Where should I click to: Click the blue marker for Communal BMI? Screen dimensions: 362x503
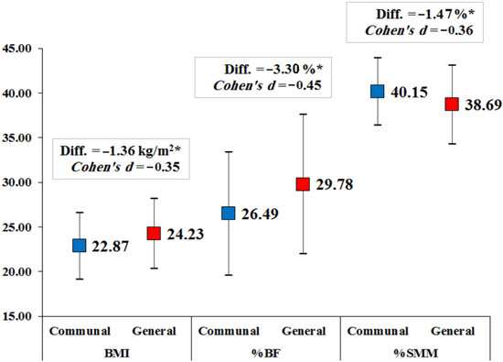pyautogui.click(x=80, y=246)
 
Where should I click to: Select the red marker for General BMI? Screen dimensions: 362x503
pyautogui.click(x=154, y=233)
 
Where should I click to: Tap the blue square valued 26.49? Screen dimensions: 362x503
pyautogui.click(x=229, y=214)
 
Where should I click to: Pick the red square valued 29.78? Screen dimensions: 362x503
pyautogui.click(x=303, y=184)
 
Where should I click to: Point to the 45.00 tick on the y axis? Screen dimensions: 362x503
pyautogui.click(x=21, y=48)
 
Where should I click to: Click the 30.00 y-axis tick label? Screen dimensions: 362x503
pyautogui.click(x=21, y=182)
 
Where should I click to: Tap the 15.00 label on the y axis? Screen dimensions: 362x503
pyautogui.click(x=21, y=317)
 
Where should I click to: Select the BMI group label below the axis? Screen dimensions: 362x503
pyautogui.click(x=116, y=350)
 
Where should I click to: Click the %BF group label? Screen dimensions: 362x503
pyautogui.click(x=265, y=350)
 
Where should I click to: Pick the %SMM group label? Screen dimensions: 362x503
pyautogui.click(x=414, y=350)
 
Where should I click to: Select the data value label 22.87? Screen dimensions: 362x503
pyautogui.click(x=113, y=247)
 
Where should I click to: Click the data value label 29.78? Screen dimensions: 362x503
pyautogui.click(x=337, y=185)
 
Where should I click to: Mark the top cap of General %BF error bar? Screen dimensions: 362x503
pyautogui.click(x=303, y=115)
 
